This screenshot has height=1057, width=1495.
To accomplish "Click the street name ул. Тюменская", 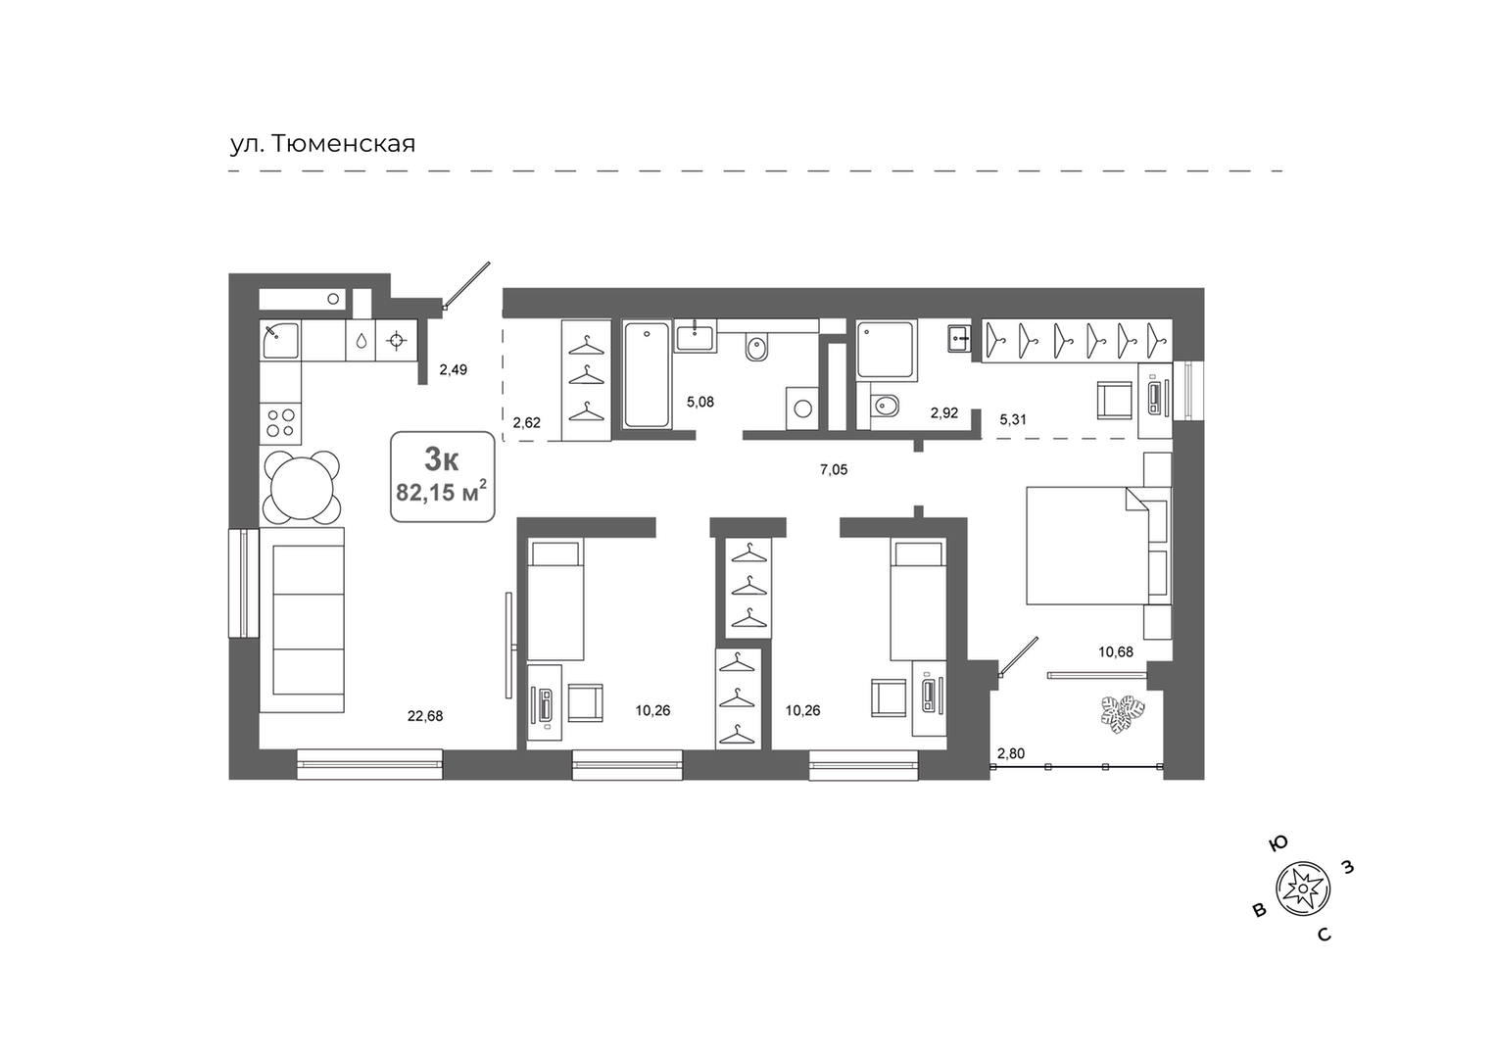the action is coord(322,144).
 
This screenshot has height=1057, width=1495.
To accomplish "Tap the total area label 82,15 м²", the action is coord(441,492).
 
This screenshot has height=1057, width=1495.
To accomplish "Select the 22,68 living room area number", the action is coord(425,717).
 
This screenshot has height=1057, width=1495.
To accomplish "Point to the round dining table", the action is coord(302,487).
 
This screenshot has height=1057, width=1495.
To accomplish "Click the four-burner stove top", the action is coord(280,423).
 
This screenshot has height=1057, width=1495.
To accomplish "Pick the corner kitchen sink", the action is coord(280,340).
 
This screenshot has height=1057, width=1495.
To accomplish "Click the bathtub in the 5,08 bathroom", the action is coord(647,374).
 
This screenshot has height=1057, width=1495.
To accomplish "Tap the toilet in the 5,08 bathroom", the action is coord(757,347).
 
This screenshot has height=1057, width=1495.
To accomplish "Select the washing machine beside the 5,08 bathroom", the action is coord(802,408).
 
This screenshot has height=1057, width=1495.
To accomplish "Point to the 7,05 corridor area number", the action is coord(834,470).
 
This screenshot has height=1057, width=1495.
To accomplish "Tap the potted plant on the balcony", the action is coord(1123,715).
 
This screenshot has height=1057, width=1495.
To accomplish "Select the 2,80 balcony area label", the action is coord(1011,754).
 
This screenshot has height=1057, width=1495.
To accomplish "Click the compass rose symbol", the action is coord(1303,889).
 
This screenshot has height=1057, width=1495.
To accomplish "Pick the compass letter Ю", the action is coord(1278,844).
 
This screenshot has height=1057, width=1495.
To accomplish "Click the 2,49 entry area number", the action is coord(454,369).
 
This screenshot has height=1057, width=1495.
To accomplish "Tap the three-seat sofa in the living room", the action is coord(302,620).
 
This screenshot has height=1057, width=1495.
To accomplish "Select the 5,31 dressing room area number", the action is coord(1012,420).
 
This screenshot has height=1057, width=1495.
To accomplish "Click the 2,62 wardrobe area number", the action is coord(527,422).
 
